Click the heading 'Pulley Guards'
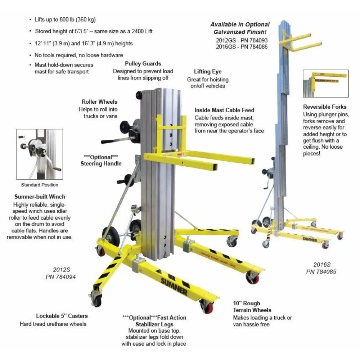[x=143, y=64]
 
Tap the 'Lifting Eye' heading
[x=208, y=72]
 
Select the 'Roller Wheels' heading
[x=99, y=102]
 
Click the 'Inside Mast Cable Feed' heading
[x=224, y=110]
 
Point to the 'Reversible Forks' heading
[x=325, y=107]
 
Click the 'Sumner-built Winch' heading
[x=40, y=197]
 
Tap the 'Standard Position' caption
[x=40, y=185]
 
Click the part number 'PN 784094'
[x=60, y=276]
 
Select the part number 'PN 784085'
[x=321, y=271]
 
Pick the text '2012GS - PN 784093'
[x=242, y=40]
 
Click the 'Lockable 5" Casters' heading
[x=62, y=316]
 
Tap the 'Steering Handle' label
[x=101, y=163]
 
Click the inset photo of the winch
[x=40, y=154]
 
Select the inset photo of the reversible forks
[x=325, y=84]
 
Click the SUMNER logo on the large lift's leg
[x=174, y=287]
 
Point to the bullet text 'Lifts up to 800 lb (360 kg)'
[x=65, y=19]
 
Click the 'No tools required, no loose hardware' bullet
[x=79, y=55]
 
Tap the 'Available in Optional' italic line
[x=240, y=24]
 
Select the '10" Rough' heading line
[x=247, y=303]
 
